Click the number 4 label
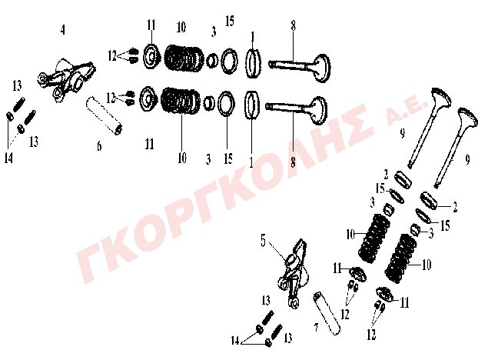click(62, 30)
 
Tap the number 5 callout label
click(264, 241)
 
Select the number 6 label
click(99, 146)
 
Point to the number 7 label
click(316, 327)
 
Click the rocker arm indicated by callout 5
click(294, 274)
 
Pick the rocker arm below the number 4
click(67, 79)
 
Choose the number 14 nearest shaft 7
click(235, 342)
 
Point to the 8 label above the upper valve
click(293, 25)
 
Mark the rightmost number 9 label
click(467, 160)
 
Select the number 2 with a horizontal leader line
click(455, 208)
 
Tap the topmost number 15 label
click(230, 21)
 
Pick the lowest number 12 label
click(371, 335)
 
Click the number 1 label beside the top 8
click(253, 37)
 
